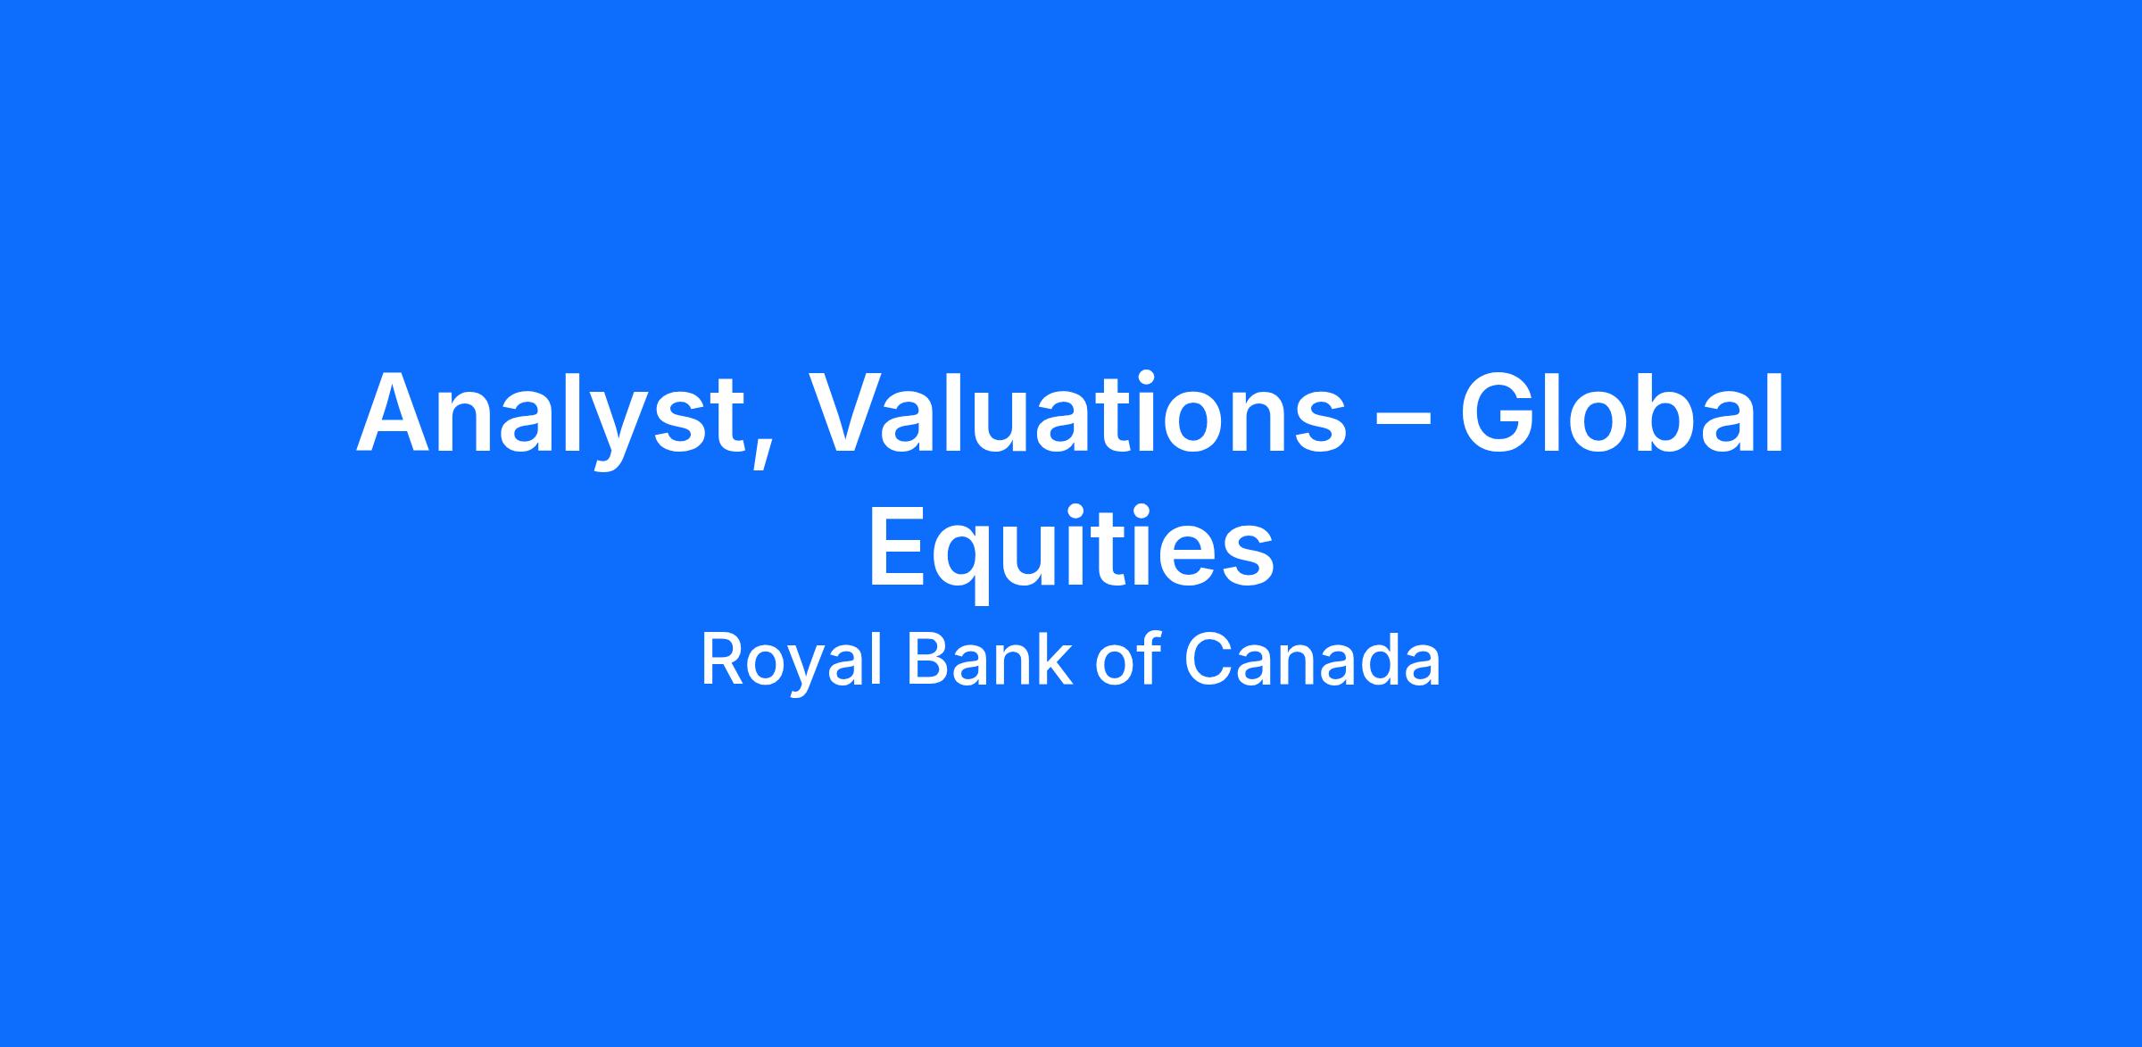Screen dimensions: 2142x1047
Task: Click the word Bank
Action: tap(988, 661)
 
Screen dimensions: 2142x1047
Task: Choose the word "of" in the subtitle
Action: tap(1127, 661)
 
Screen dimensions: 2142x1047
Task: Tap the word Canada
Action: tap(1311, 661)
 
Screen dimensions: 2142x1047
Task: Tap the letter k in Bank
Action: tap(1053, 660)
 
